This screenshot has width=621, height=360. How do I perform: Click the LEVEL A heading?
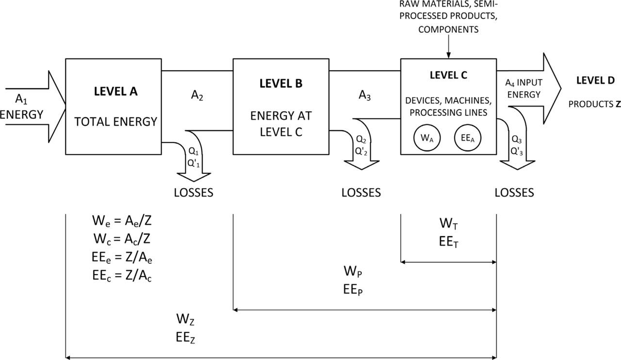point(115,91)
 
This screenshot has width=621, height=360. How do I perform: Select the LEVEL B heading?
point(281,83)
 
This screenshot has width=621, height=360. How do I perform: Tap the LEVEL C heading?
point(448,75)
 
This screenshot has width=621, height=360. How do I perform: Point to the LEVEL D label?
point(595,81)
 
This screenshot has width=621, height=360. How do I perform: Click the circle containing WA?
point(427,138)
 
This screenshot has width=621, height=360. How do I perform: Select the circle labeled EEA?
point(467,138)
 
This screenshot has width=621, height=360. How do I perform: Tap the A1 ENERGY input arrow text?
point(21,107)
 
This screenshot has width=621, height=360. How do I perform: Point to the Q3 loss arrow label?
point(517,139)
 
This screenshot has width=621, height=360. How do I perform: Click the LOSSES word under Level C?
point(514,193)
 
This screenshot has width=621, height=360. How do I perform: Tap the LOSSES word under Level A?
point(194,193)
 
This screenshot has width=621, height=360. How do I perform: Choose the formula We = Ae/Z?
point(122,221)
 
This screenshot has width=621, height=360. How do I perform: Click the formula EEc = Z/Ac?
point(122,275)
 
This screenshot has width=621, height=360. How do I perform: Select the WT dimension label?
point(448,224)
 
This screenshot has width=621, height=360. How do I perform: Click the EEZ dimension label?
point(185,338)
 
